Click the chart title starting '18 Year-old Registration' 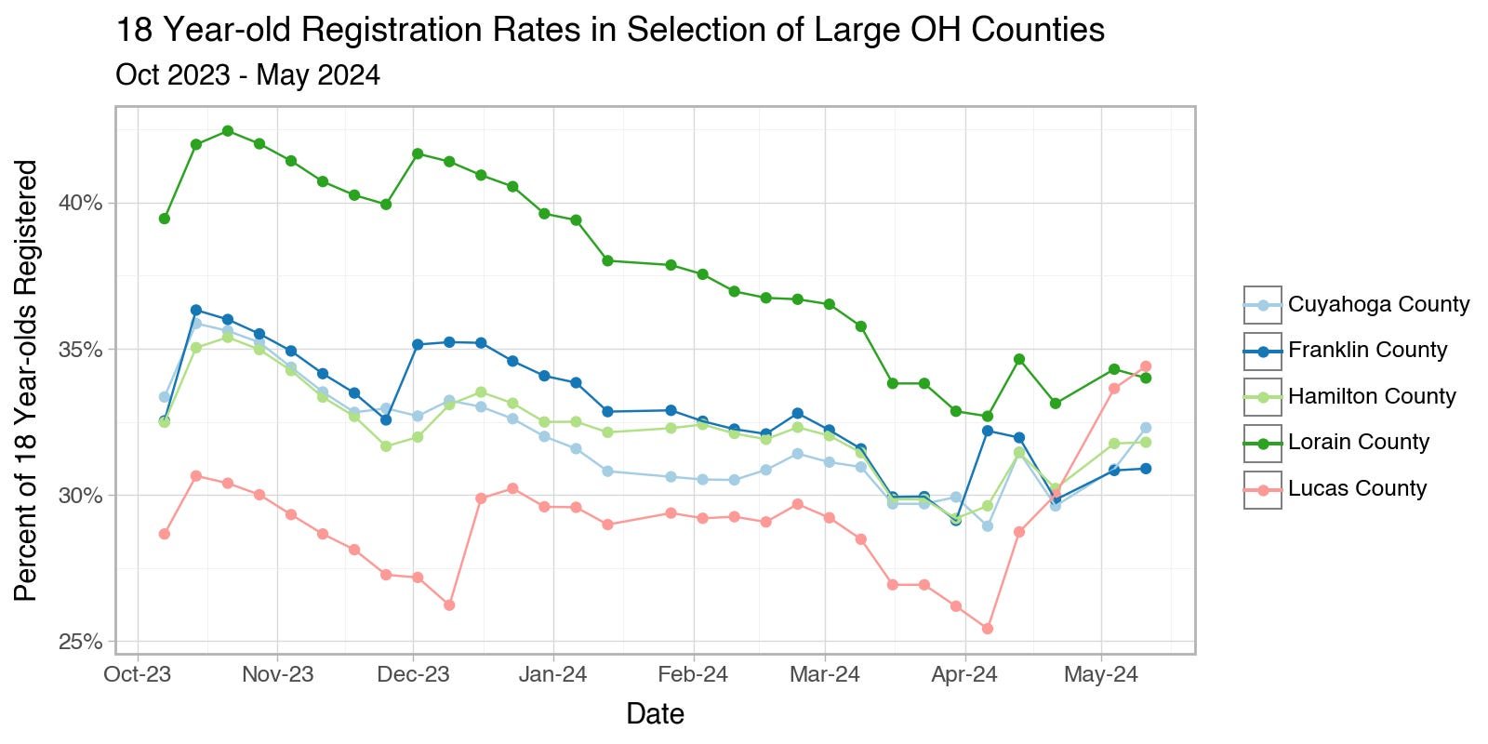point(609,30)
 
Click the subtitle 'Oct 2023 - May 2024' point(247,74)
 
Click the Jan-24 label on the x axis point(553,674)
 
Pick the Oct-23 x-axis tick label point(138,674)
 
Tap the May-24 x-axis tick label point(1101,674)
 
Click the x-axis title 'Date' point(655,714)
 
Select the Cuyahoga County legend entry point(1378,304)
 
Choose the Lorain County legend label point(1358,442)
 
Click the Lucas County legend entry point(1357,488)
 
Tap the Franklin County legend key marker point(1263,351)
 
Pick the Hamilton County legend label point(1372,396)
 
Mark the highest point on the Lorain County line point(228,131)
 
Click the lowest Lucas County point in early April point(988,629)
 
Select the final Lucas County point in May point(1146,366)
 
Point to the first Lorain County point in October point(165,219)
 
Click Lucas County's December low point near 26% point(449,604)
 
